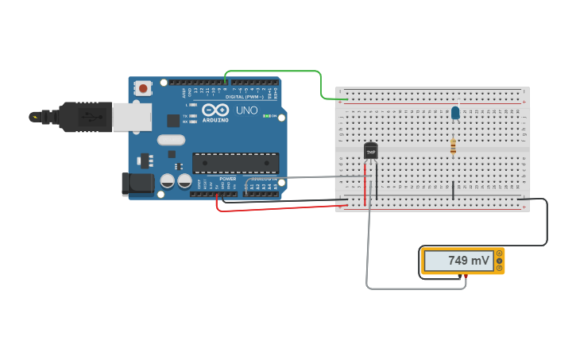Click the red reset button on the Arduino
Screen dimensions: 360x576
[x=143, y=88]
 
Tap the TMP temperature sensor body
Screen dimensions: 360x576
[x=370, y=151]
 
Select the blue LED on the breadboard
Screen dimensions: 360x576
[x=455, y=113]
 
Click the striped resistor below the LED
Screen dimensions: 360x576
[x=453, y=147]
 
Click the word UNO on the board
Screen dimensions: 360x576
[x=246, y=110]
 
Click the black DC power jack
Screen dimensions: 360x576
[x=137, y=184]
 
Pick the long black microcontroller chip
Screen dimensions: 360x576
[x=235, y=163]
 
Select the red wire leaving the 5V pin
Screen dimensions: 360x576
[x=278, y=209]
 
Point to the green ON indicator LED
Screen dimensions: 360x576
[x=274, y=117]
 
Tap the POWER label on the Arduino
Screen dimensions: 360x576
[x=228, y=179]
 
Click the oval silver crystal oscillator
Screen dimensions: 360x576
[x=171, y=141]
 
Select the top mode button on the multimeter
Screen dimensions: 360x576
[x=499, y=254]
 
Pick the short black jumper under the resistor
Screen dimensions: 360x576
[x=453, y=190]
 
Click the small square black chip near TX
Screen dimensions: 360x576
[x=173, y=121]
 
